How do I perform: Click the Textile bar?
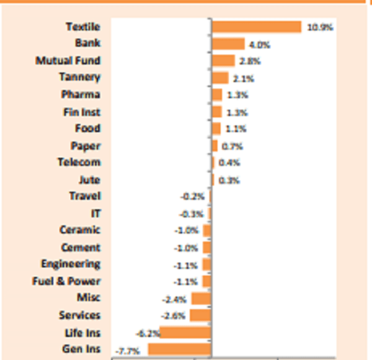256,27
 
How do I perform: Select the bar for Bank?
228,44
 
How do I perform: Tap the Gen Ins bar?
179,349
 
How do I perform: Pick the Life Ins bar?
185,332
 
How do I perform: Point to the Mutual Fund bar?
223,61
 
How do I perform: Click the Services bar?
200,315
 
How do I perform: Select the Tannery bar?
220,78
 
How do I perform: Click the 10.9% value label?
320,27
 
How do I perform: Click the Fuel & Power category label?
66,281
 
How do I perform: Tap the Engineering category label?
71,264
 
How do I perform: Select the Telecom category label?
79,162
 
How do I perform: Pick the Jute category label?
89,179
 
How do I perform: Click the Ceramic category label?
80,230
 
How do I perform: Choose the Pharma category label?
81,94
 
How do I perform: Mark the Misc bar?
201,299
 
